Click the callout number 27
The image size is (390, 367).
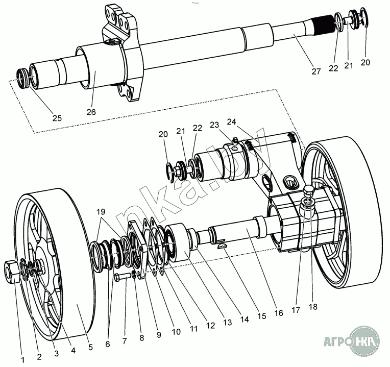[316, 71]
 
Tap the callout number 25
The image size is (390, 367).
[57, 118]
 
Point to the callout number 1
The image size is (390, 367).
[22, 359]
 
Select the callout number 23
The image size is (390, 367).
[214, 125]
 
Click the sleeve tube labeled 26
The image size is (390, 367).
[100, 66]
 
